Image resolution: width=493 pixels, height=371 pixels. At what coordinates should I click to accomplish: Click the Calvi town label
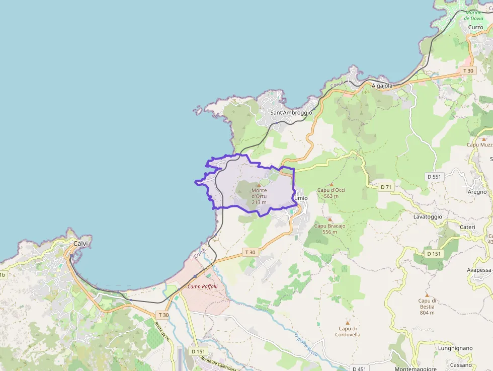pyautogui.click(x=80, y=244)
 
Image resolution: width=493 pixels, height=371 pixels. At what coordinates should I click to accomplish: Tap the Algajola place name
pyautogui.click(x=382, y=86)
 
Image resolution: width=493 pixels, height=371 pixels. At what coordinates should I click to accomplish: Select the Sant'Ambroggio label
pyautogui.click(x=291, y=113)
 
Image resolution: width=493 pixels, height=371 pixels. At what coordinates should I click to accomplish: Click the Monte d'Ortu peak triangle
pyautogui.click(x=259, y=185)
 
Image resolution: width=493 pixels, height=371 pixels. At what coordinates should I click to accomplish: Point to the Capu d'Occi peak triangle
pyautogui.click(x=331, y=184)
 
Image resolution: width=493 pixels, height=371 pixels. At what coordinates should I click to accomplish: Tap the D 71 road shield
pyautogui.click(x=386, y=187)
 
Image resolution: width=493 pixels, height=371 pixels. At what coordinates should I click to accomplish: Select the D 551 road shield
pyautogui.click(x=433, y=177)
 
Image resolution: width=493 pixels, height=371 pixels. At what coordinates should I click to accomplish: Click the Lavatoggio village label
pyautogui.click(x=428, y=216)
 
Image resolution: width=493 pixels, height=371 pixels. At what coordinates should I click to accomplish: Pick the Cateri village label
pyautogui.click(x=467, y=228)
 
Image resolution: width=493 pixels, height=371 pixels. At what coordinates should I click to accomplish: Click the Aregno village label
pyautogui.click(x=477, y=192)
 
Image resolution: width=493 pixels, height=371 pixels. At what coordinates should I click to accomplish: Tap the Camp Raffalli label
pyautogui.click(x=202, y=286)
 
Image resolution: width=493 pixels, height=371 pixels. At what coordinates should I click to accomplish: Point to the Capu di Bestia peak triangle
pyautogui.click(x=427, y=294)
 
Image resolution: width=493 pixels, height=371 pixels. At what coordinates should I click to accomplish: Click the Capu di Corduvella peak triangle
pyautogui.click(x=347, y=323)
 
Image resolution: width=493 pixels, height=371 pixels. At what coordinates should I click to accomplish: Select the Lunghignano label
pyautogui.click(x=455, y=348)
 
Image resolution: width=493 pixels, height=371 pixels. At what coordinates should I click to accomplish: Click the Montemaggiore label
pyautogui.click(x=416, y=369)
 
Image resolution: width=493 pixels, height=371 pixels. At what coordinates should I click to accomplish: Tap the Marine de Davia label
pyautogui.click(x=473, y=15)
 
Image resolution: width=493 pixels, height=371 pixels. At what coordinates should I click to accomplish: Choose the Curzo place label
pyautogui.click(x=475, y=27)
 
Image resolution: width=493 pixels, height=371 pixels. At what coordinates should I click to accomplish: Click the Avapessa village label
pyautogui.click(x=479, y=270)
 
